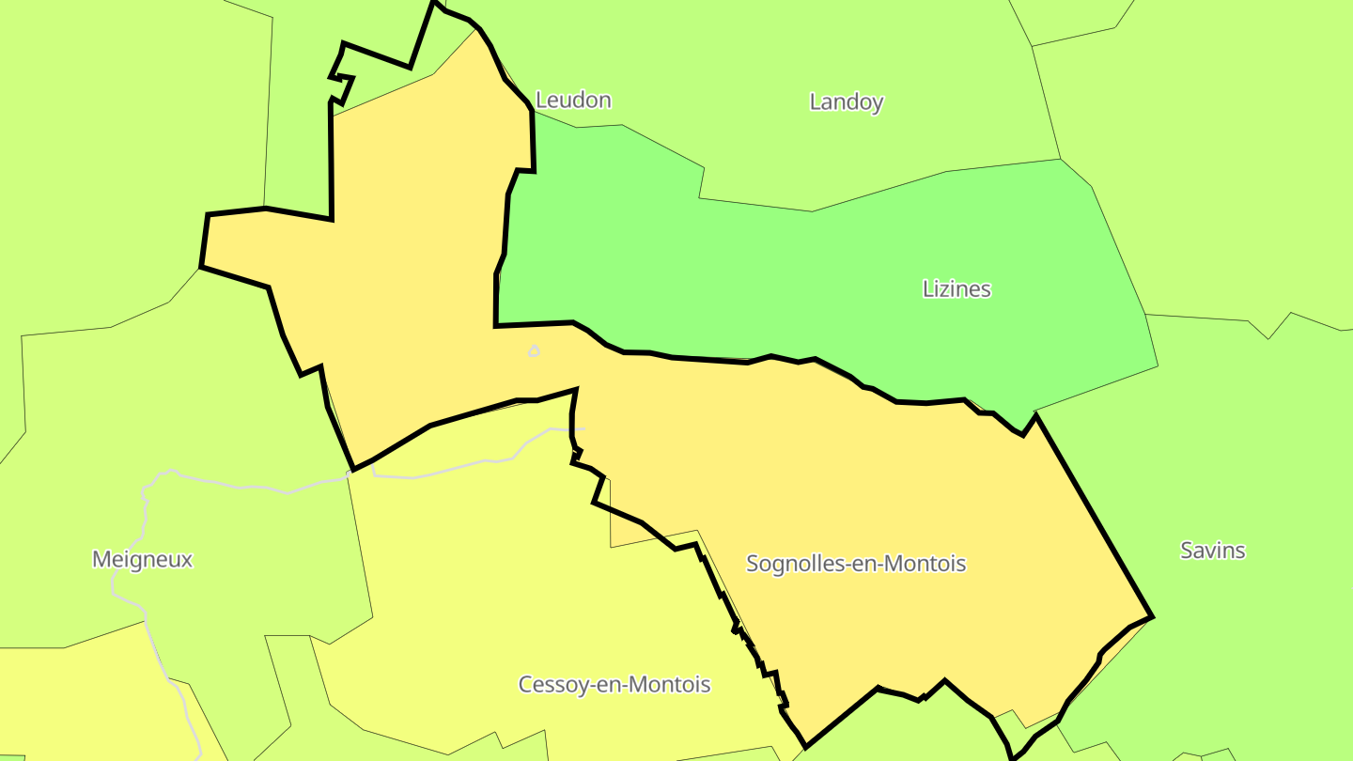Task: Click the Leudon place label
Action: [573, 100]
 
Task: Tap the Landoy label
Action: [847, 101]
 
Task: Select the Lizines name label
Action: [956, 288]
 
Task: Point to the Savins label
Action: [1212, 551]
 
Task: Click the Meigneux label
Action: [142, 560]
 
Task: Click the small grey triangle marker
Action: [535, 351]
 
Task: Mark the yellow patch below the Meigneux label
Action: [75, 705]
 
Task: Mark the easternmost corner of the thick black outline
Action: [1152, 617]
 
